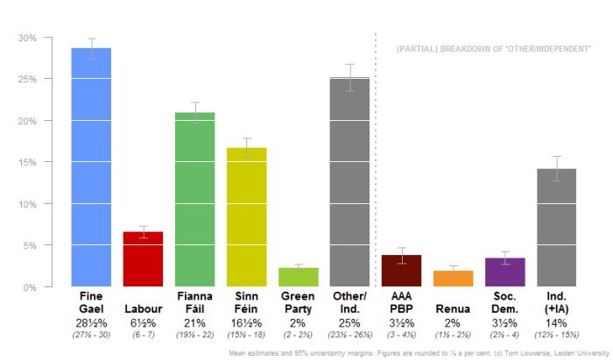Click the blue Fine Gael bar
91,166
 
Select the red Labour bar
143,259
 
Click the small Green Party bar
298,277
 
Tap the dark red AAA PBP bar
401,271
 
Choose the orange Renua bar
453,279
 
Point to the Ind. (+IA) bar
556,228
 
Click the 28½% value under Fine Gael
91,324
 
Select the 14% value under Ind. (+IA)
556,324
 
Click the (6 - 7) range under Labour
143,335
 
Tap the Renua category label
453,308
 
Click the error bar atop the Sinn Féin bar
246,148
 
